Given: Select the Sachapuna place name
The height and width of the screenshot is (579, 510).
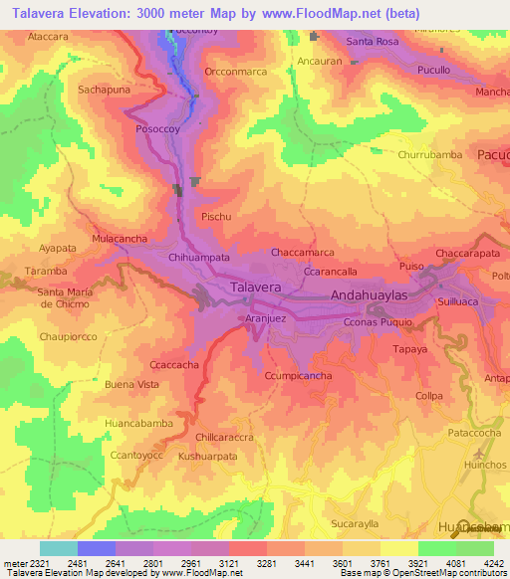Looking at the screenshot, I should pyautogui.click(x=105, y=89).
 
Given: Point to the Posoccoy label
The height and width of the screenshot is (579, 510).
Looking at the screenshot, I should pyautogui.click(x=158, y=129).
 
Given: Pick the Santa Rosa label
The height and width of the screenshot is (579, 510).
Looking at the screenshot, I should pyautogui.click(x=373, y=42).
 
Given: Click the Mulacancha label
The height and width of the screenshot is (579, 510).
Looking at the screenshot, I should pyautogui.click(x=120, y=239).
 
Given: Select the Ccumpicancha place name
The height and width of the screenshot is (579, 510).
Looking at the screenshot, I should pyautogui.click(x=298, y=375).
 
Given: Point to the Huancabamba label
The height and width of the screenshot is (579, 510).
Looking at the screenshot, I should pyautogui.click(x=138, y=423).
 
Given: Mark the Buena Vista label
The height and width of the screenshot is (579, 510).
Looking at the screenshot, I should pyautogui.click(x=131, y=384).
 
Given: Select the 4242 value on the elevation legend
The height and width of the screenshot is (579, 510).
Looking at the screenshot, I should pyautogui.click(x=492, y=562).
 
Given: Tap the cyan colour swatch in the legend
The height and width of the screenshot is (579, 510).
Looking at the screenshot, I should pyautogui.click(x=59, y=548).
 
